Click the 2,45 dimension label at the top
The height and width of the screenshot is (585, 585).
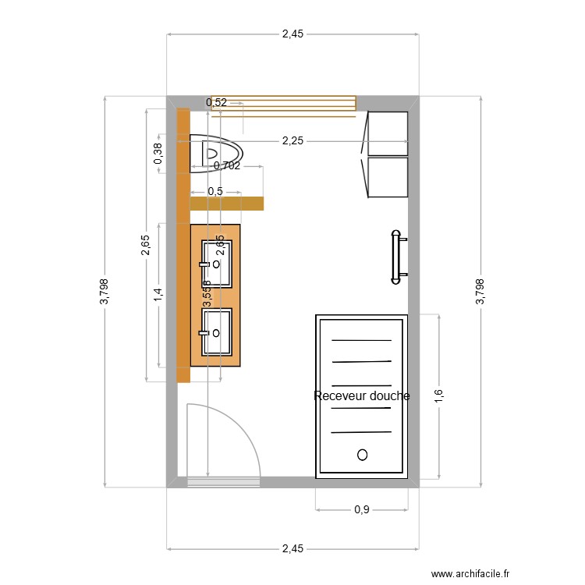pos(292,34)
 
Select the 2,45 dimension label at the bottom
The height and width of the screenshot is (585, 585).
pos(292,549)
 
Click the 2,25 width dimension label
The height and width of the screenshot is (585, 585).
pos(293,141)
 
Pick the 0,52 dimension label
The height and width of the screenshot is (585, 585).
pos(217,102)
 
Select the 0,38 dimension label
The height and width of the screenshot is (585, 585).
pos(158,154)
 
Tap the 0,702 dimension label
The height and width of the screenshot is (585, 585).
pos(226,165)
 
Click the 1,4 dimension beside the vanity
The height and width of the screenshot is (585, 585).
pos(158,295)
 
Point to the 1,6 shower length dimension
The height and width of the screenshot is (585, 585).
pos(439,395)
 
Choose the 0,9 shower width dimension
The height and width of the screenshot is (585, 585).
pos(362,510)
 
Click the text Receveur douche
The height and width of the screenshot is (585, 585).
pos(361,396)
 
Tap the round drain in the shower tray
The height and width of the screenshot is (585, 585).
pos(361,454)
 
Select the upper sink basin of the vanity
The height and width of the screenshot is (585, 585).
pos(217,264)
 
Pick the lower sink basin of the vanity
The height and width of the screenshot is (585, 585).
pos(217,331)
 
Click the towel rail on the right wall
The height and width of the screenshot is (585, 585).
pos(397,254)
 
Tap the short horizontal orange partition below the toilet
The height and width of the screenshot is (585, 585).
pos(226,204)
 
